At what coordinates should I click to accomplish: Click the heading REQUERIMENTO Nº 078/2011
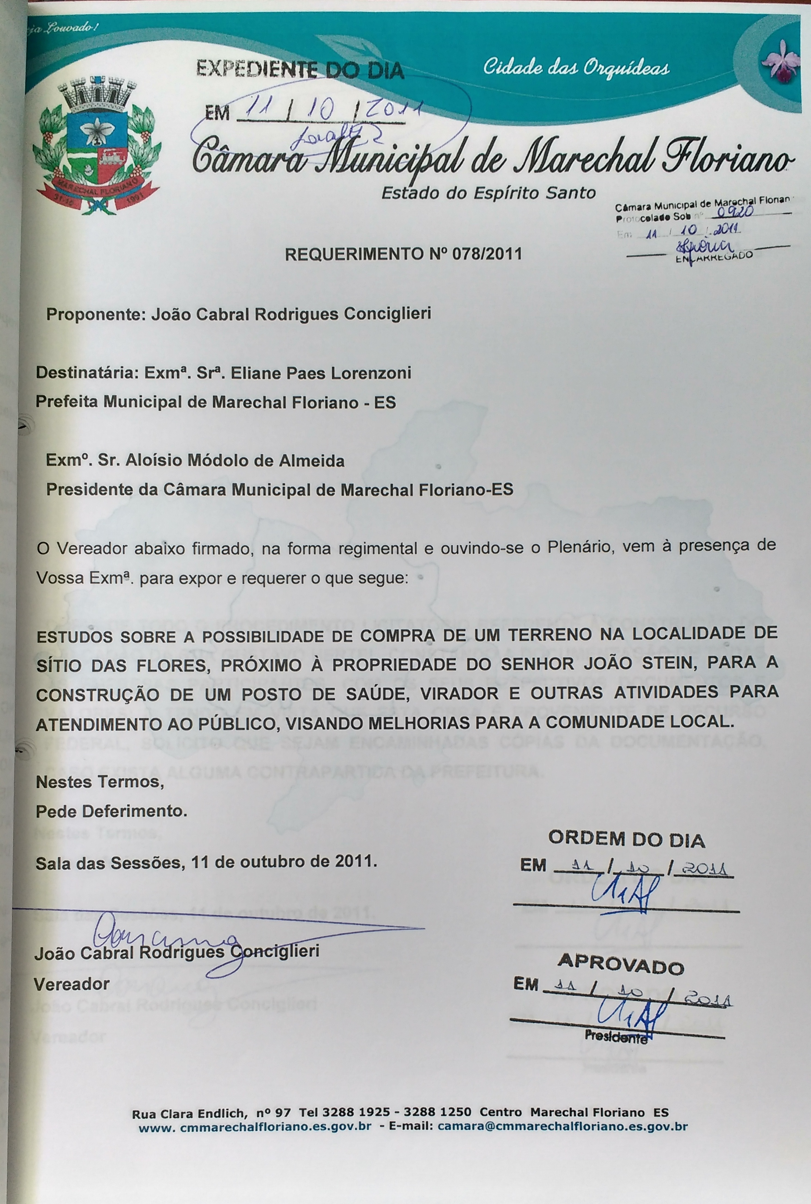click(x=403, y=254)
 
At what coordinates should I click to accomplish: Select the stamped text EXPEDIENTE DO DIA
click(x=300, y=69)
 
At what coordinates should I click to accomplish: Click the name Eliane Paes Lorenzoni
click(x=321, y=373)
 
